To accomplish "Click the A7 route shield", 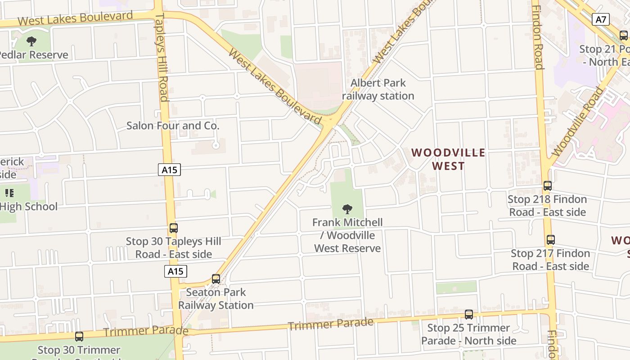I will (x=602, y=19).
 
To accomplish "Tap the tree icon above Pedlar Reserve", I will (x=31, y=42).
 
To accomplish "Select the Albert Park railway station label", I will (x=378, y=90).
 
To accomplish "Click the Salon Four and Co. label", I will (x=173, y=126).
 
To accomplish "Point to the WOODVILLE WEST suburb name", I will (x=448, y=159).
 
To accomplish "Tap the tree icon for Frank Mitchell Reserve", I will (x=347, y=209).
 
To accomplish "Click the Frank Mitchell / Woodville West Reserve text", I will (x=347, y=235).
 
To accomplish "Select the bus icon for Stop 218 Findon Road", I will (x=548, y=185).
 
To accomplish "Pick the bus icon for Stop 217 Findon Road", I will (x=550, y=240).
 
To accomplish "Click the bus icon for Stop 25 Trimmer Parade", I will (x=469, y=315).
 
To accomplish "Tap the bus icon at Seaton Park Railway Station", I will (x=216, y=279).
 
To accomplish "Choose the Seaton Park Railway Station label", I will (x=216, y=299).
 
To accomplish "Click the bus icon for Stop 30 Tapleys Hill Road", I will (x=174, y=228).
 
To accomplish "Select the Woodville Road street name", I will (x=577, y=122).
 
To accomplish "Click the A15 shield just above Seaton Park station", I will (x=175, y=271).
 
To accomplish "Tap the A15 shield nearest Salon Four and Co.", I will (x=170, y=170).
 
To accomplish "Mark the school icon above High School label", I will (x=9, y=193).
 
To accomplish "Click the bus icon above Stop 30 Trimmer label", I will (x=79, y=336).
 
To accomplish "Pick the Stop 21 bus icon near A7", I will (x=624, y=36).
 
